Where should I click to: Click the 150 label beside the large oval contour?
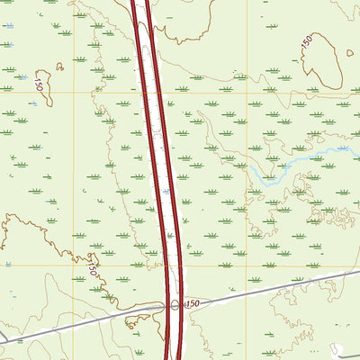[308, 41]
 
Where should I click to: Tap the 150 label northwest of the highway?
[39, 85]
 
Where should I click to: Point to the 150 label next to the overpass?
[191, 306]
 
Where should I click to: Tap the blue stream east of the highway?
[297, 162]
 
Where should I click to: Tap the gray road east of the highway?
[270, 289]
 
